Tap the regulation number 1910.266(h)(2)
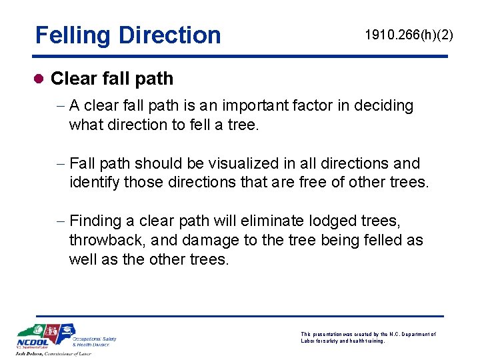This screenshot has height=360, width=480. [409, 35]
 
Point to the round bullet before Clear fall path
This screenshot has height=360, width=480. [40, 79]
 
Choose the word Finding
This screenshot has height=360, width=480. [95, 221]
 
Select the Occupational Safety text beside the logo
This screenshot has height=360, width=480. [94, 339]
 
